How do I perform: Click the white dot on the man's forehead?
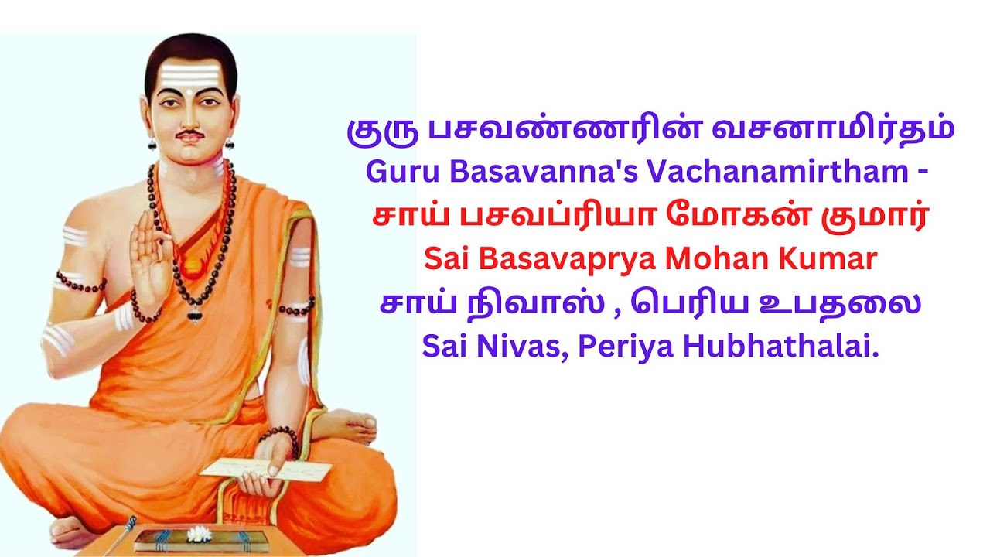189,91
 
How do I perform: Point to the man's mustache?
188,138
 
